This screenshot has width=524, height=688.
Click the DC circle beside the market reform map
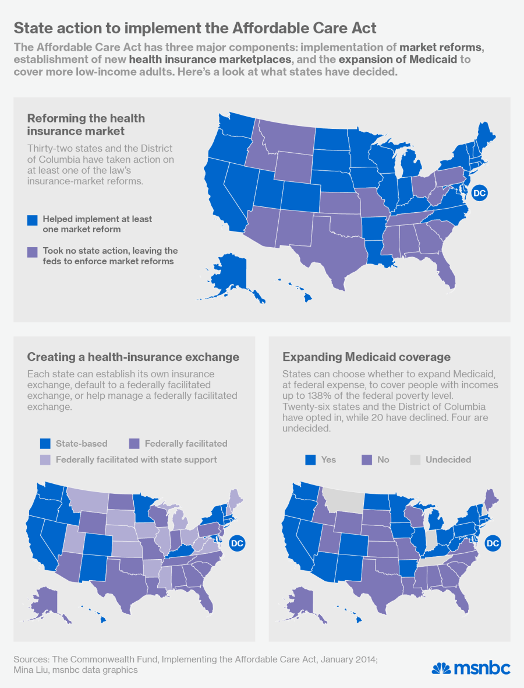(479, 192)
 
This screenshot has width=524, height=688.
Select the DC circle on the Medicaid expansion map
(493, 543)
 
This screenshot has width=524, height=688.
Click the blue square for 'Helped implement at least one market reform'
(33, 220)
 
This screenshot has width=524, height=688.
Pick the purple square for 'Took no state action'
(33, 252)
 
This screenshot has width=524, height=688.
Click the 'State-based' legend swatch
(45, 444)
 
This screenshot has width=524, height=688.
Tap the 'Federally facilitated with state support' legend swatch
(45, 460)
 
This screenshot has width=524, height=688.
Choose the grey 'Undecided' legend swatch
(415, 460)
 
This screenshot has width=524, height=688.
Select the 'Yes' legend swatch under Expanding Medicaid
(310, 460)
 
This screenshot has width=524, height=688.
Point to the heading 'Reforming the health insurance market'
(86, 124)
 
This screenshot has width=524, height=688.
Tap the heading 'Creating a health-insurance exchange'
(133, 357)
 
